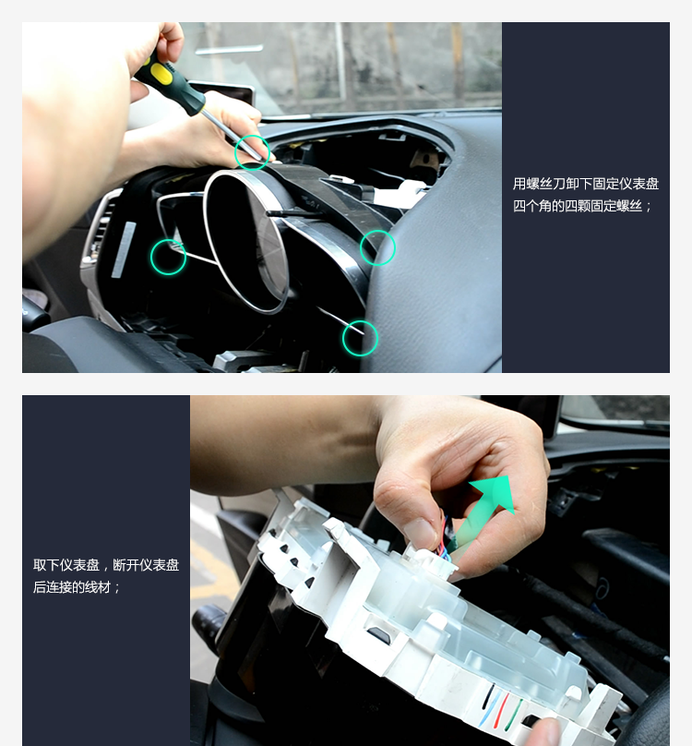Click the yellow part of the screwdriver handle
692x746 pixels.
(161, 72)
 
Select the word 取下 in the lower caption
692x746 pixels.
(46, 565)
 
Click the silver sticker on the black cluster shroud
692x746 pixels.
(124, 250)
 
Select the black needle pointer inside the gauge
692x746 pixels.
(292, 214)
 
